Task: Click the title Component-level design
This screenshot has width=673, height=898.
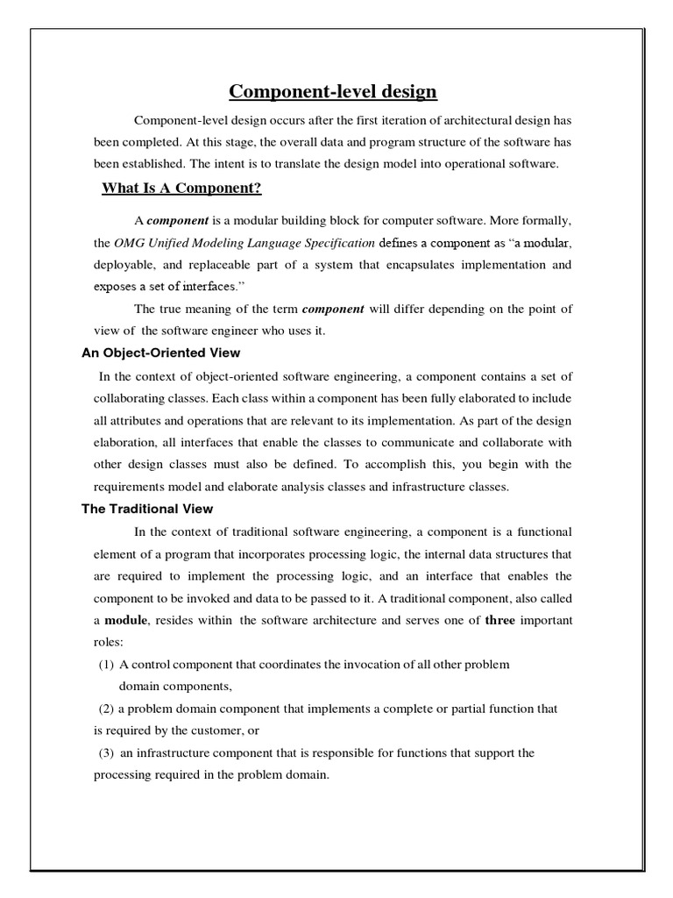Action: [x=332, y=91]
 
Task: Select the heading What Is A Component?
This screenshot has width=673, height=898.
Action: [x=181, y=188]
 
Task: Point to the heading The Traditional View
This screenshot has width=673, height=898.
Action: [x=146, y=509]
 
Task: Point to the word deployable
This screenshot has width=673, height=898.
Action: [x=124, y=264]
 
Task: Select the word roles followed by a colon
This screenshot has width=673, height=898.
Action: [x=110, y=642]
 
